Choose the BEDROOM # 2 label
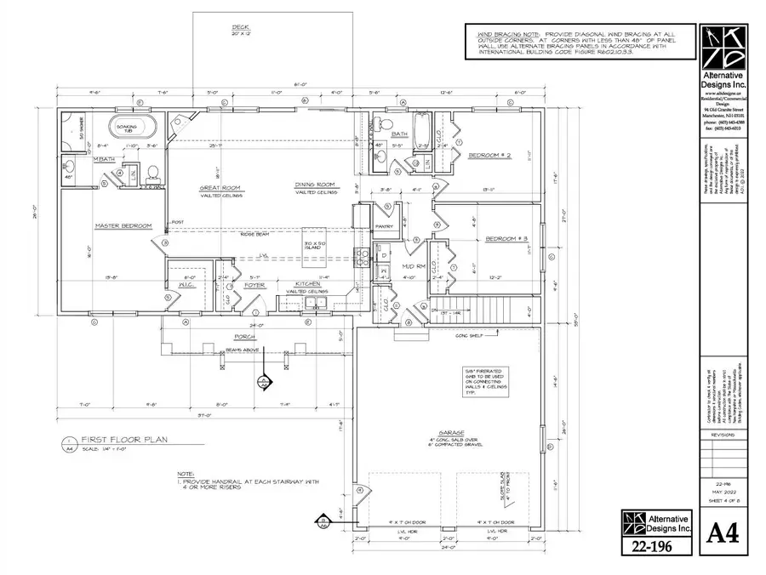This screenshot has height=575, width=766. [491, 155]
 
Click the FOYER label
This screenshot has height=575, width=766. [255, 286]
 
